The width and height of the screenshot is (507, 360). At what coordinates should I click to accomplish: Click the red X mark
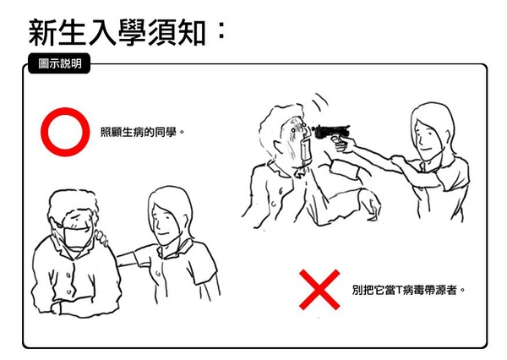(319, 290)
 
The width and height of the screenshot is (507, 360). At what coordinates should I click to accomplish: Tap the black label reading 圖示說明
(59, 63)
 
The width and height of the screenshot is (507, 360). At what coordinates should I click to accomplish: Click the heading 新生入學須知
(117, 33)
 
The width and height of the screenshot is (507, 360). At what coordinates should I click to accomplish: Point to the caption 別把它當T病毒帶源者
(406, 290)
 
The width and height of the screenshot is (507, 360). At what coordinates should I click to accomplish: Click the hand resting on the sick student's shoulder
(102, 237)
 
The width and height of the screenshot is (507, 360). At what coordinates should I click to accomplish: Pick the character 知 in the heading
(192, 33)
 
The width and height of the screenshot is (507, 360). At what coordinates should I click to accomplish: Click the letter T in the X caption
(398, 290)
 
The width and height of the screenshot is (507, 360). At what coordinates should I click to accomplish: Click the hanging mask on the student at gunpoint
(306, 150)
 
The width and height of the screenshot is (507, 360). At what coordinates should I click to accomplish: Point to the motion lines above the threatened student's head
(319, 102)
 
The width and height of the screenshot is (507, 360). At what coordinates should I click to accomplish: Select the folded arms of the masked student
(74, 301)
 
